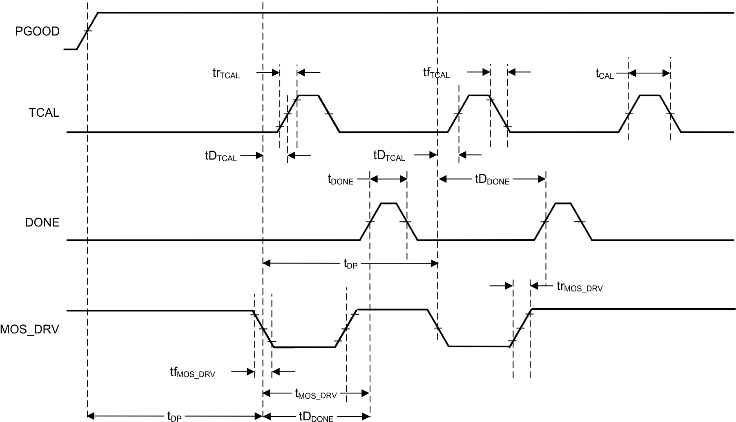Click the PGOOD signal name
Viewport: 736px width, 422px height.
coord(38,31)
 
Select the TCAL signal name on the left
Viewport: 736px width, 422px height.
coord(44,113)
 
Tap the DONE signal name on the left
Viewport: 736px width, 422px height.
coord(42,222)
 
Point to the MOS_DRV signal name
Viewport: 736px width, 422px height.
coord(30,329)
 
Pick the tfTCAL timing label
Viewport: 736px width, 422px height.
coord(436,73)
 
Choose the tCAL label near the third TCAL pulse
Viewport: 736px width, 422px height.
coord(604,74)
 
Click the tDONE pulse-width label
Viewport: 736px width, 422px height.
coord(340,180)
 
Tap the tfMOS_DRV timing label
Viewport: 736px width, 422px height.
coord(192,373)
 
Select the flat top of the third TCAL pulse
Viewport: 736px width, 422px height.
coord(649,95)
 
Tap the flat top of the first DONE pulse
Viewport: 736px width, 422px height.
coord(388,203)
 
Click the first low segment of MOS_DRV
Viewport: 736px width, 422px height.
coord(303,347)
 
